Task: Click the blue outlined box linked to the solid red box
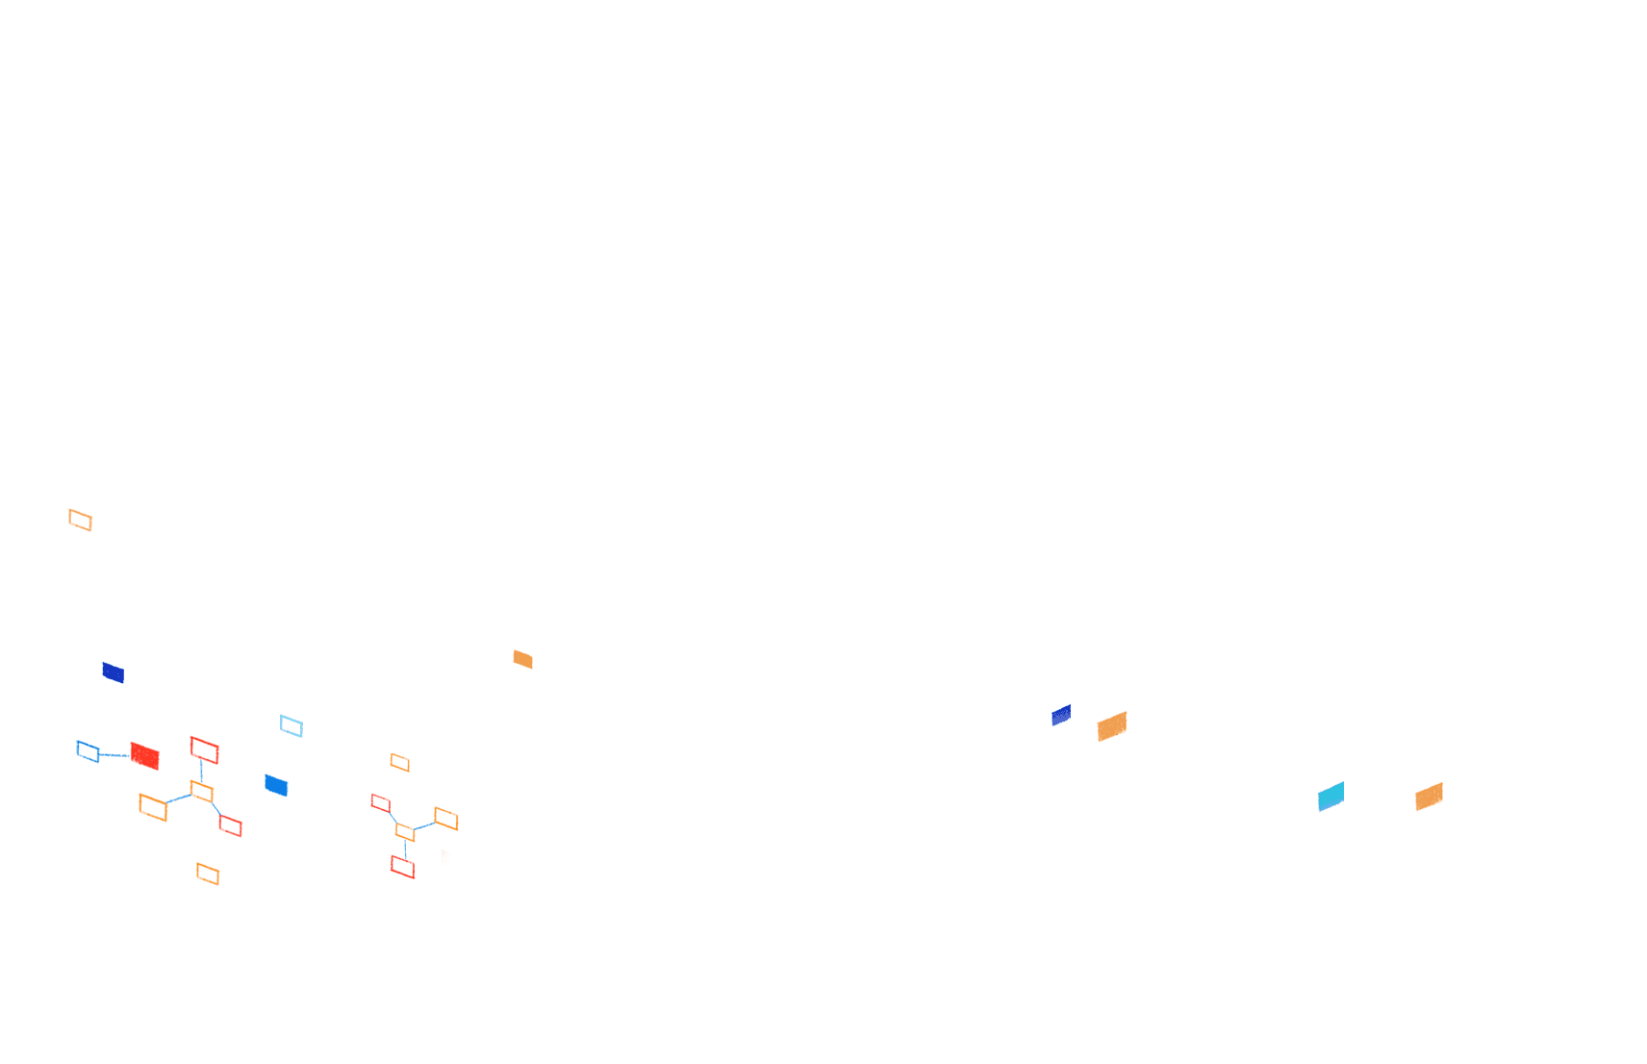pyautogui.click(x=88, y=751)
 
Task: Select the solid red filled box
pyautogui.click(x=144, y=755)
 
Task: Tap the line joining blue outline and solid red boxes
pyautogui.click(x=114, y=755)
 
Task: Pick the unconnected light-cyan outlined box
pyautogui.click(x=291, y=726)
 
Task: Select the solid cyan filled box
pyautogui.click(x=1330, y=797)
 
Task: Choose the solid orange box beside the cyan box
pyautogui.click(x=1429, y=797)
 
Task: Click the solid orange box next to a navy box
pyautogui.click(x=1111, y=726)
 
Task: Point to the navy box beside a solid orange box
pyautogui.click(x=1061, y=715)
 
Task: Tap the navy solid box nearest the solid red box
pyautogui.click(x=114, y=672)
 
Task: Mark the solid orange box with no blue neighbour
pyautogui.click(x=522, y=659)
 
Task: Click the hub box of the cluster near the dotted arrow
pyautogui.click(x=405, y=832)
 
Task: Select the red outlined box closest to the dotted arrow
pyautogui.click(x=403, y=867)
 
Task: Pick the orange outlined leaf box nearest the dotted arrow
pyautogui.click(x=446, y=819)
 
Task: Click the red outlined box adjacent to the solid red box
pyautogui.click(x=205, y=750)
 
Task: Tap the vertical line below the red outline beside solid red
pyautogui.click(x=202, y=773)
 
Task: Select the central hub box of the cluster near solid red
pyautogui.click(x=202, y=792)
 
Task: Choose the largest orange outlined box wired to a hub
pyautogui.click(x=153, y=807)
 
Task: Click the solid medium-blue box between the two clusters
pyautogui.click(x=276, y=785)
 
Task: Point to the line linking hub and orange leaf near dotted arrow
pyautogui.click(x=424, y=826)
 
